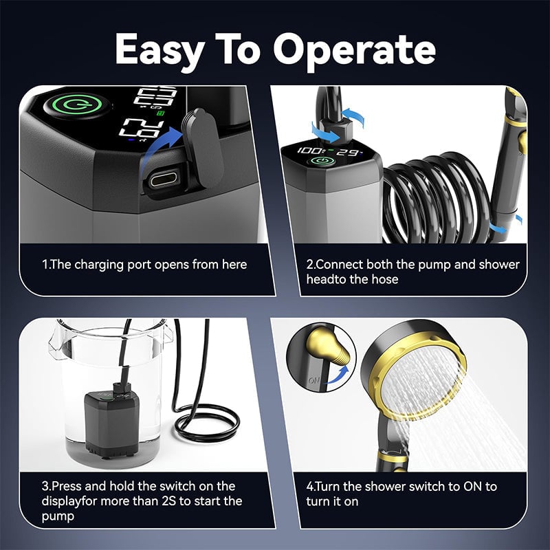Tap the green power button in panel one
[67, 108]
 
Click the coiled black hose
[440, 199]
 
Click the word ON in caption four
[465, 487]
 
